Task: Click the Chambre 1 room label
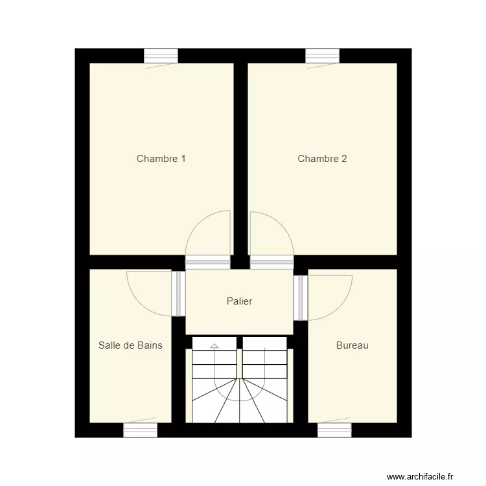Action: point(161,159)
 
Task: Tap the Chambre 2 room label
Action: point(322,159)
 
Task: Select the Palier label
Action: point(239,301)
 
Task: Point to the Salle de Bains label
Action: point(130,345)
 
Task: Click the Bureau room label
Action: point(352,345)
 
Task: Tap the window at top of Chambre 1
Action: point(161,56)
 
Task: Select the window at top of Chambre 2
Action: point(322,56)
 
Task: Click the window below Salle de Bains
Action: point(140,430)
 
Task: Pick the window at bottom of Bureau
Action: point(334,430)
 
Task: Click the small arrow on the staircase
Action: point(214,347)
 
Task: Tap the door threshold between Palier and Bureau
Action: point(300,297)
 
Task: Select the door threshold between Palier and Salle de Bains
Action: point(178,294)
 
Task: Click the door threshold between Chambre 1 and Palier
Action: point(207,262)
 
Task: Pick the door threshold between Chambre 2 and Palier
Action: point(272,262)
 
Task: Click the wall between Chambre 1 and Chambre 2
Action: point(240,156)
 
